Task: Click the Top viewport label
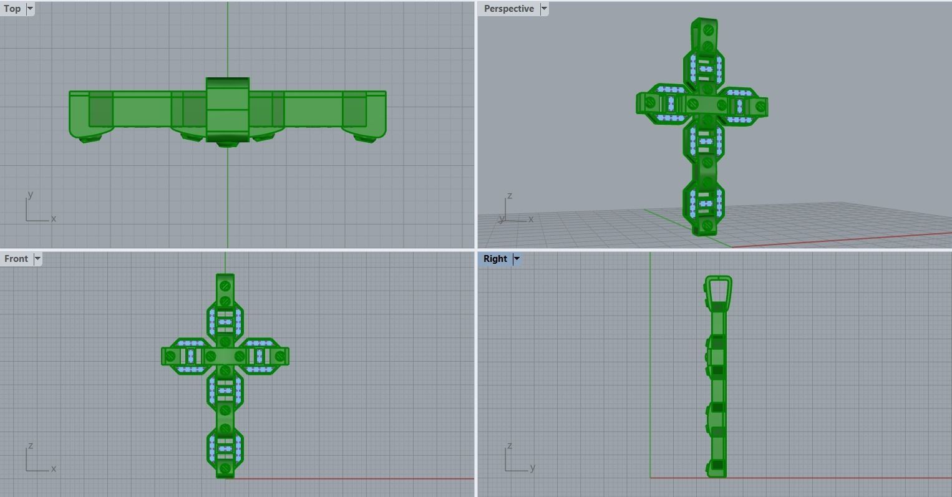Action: click(12, 9)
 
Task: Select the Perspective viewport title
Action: click(508, 9)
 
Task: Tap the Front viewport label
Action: click(16, 259)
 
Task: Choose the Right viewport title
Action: click(495, 259)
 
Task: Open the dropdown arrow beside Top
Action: click(30, 9)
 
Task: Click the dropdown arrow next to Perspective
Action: click(544, 9)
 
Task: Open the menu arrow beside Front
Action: click(37, 259)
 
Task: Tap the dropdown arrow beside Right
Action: click(517, 259)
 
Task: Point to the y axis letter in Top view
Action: click(30, 195)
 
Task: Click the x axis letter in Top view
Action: click(54, 218)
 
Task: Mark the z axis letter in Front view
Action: click(30, 446)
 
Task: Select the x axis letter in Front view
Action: click(54, 468)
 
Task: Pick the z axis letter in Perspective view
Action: click(510, 196)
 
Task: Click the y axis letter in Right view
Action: click(532, 467)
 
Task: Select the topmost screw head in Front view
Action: click(225, 286)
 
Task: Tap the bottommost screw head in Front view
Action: click(225, 468)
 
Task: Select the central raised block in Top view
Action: click(228, 109)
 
